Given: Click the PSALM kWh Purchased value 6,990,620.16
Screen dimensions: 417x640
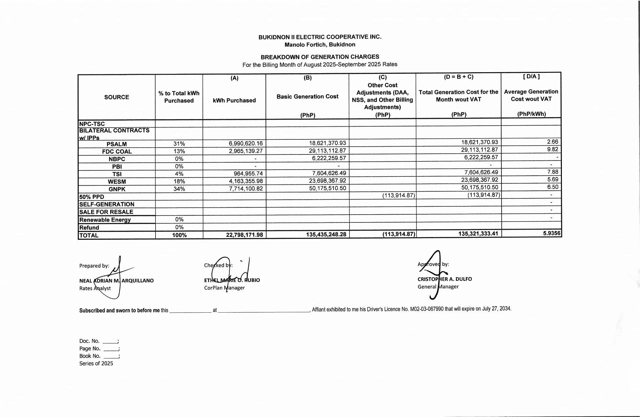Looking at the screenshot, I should [x=245, y=143].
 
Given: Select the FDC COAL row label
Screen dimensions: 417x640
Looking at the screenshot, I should [x=117, y=152].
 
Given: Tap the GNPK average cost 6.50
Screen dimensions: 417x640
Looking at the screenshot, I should [x=552, y=187].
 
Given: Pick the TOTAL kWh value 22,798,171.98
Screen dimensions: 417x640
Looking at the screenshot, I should [x=244, y=235].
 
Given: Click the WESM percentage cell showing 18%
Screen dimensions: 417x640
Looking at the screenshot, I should [x=179, y=181].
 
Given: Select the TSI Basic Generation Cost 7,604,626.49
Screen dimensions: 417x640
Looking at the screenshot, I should [x=327, y=173].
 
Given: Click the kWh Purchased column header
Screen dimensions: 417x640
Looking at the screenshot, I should [x=234, y=100].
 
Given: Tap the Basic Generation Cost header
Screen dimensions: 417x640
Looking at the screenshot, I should [x=307, y=96].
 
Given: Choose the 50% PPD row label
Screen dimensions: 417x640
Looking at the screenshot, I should [x=92, y=197].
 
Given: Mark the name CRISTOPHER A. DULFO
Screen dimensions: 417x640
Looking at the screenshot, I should [x=444, y=279].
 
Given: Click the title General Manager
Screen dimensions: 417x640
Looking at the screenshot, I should [x=438, y=287].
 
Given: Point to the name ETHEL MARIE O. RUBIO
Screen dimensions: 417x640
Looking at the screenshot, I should [x=232, y=280].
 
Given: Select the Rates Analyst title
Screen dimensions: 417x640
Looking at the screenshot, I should [x=95, y=288].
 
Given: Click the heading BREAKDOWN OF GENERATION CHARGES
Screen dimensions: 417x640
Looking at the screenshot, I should [x=320, y=57].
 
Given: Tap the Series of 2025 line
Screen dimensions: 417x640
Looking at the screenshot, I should [x=96, y=364].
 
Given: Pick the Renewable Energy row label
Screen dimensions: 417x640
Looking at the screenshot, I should [x=105, y=220].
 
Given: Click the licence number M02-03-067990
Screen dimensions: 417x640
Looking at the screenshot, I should [x=427, y=309].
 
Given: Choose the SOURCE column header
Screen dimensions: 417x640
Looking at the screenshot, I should [x=117, y=97].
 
